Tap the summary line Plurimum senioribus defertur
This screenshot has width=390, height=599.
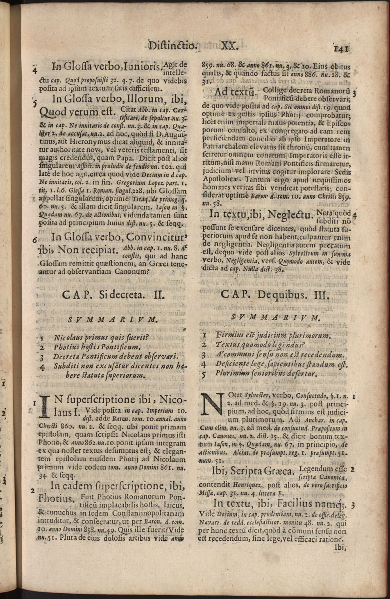(x=267, y=374)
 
